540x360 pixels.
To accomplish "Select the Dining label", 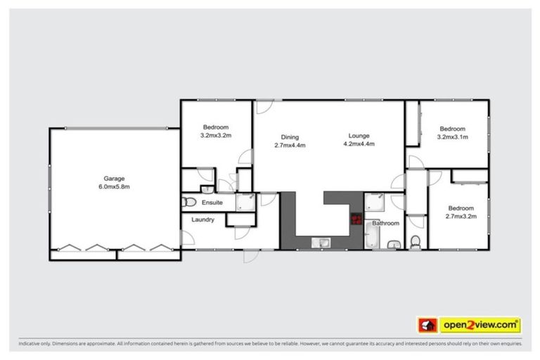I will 290,136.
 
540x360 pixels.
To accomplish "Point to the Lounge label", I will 358,136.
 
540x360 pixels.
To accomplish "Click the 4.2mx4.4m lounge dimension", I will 358,144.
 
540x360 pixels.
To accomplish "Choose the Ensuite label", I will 212,203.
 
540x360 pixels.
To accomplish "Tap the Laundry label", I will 202,220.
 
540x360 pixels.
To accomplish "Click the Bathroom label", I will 386,224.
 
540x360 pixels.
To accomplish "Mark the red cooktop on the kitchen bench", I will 356,219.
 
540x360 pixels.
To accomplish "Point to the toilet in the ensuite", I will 188,202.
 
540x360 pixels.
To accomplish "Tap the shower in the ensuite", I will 245,202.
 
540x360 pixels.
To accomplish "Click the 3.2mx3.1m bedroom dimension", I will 452,137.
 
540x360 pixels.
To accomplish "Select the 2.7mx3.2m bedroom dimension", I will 461,217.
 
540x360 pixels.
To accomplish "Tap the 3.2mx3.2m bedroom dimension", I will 216,134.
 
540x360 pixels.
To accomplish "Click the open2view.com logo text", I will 480,325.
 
